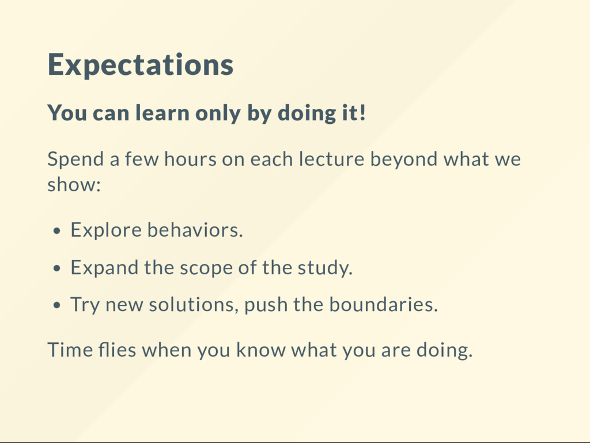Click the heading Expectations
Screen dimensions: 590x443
(141, 65)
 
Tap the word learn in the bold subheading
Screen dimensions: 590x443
(162, 112)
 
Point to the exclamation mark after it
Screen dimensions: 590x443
(362, 112)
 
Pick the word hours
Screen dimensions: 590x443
(190, 158)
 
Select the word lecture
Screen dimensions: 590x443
(332, 158)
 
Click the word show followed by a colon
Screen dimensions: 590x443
(74, 184)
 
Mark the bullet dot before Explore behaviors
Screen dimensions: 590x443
(57, 231)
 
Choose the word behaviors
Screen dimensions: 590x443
(195, 230)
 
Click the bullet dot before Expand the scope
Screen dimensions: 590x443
(57, 268)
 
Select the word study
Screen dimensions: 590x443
(325, 268)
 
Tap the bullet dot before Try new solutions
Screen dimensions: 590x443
(57, 305)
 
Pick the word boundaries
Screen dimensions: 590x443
(383, 304)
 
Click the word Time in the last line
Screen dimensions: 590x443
(70, 350)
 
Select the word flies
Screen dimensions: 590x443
(117, 349)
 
